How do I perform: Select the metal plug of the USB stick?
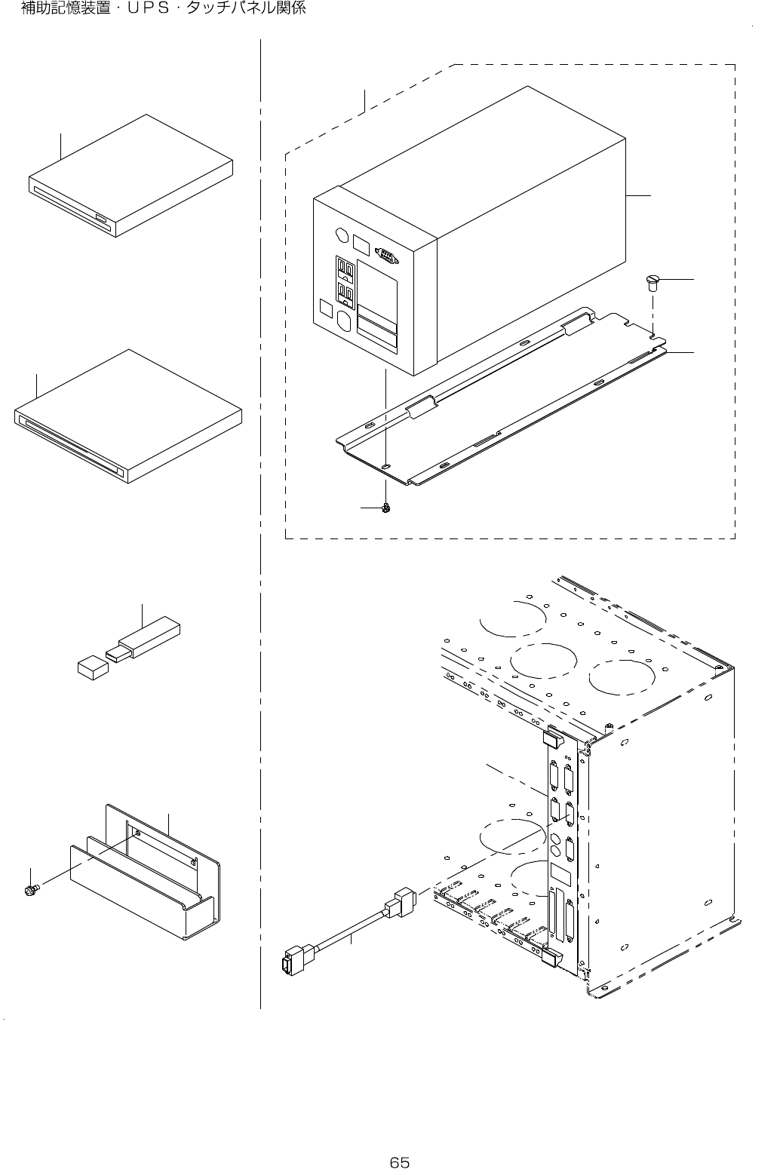pos(116,654)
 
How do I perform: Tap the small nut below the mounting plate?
pos(386,508)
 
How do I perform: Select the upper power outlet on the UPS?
pos(345,269)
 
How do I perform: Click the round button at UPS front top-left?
pos(340,237)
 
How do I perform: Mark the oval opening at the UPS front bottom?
pos(345,322)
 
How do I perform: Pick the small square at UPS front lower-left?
pos(327,308)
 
